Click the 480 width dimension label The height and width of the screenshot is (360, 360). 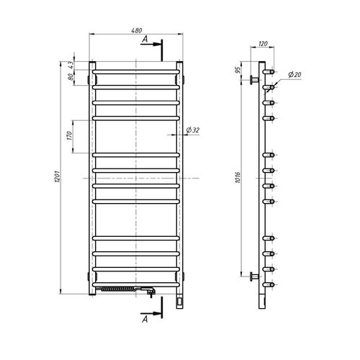click(x=137, y=30)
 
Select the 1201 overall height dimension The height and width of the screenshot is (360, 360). click(x=58, y=176)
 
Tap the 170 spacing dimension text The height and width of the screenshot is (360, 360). click(x=70, y=135)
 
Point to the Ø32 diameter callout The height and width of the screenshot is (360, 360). click(x=193, y=130)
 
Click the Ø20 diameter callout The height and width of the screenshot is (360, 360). click(x=294, y=75)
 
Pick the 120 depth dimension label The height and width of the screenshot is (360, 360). click(x=263, y=44)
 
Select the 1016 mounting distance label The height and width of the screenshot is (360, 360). click(x=238, y=177)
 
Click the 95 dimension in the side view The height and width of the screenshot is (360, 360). click(x=238, y=70)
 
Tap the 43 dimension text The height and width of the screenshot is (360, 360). click(x=71, y=65)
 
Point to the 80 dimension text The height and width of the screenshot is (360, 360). click(x=71, y=77)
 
